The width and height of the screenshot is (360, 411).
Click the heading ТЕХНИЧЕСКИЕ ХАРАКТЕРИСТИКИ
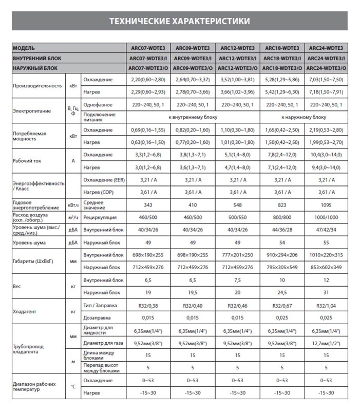pos(180,21)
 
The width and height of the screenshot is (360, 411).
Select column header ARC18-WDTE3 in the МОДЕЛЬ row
pos(281,47)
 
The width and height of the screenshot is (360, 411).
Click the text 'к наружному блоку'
pos(304,117)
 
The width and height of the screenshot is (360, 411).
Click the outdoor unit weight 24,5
pos(281,292)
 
